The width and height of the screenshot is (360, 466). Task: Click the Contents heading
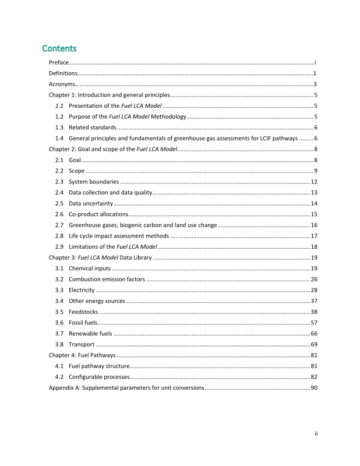[60, 48]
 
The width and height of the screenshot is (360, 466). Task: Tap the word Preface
[58, 62]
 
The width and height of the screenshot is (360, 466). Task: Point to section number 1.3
[59, 127]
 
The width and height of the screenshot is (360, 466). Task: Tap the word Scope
[76, 171]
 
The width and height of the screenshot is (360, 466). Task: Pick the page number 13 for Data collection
[313, 192]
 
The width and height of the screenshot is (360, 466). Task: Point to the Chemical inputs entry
[89, 268]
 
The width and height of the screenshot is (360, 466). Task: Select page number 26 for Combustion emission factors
[313, 279]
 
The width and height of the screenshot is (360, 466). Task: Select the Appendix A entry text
[126, 387]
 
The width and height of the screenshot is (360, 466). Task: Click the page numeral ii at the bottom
[313, 433]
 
